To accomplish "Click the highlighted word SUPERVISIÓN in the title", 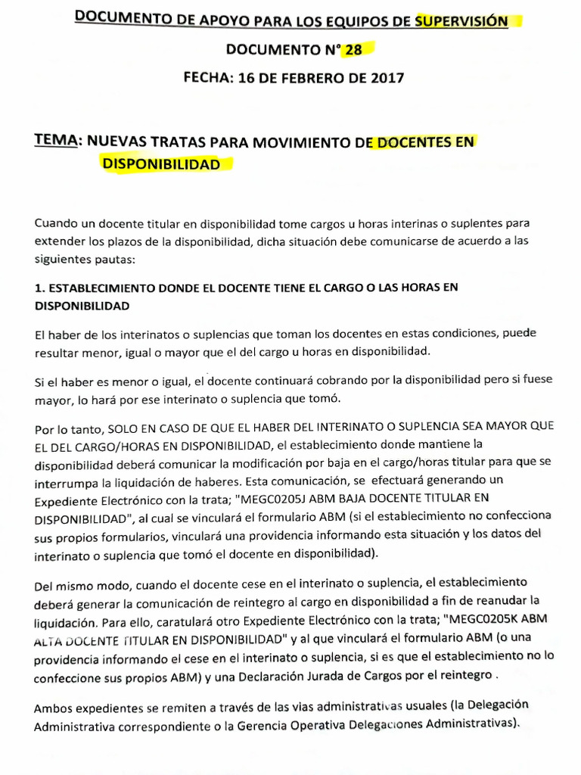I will tap(461, 21).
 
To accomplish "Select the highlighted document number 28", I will tap(353, 50).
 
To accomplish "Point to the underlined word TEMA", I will tap(57, 141).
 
